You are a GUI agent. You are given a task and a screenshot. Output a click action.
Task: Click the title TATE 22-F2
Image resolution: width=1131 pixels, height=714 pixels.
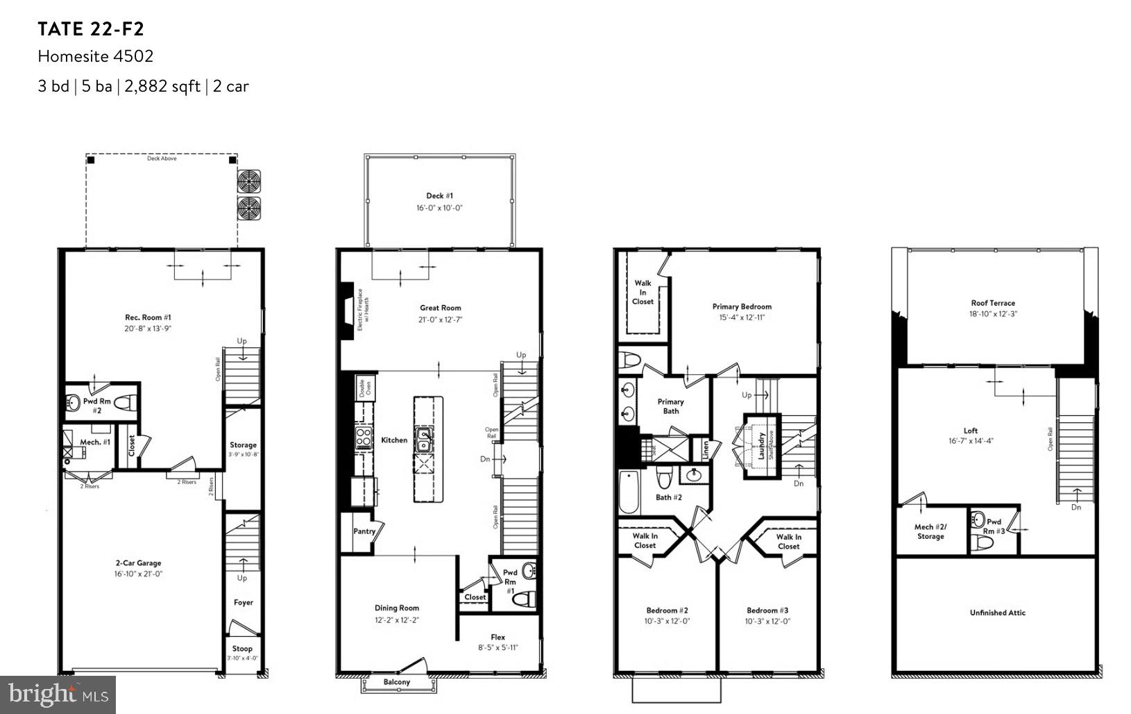91,29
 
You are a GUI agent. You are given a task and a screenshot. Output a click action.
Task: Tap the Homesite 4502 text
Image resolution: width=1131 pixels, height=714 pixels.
95,56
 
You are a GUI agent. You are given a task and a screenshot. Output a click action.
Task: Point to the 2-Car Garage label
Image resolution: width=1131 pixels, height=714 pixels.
139,563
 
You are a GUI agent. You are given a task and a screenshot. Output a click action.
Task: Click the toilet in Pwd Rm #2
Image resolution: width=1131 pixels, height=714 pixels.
125,401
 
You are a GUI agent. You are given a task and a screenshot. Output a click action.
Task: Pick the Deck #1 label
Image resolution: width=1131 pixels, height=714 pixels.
440,196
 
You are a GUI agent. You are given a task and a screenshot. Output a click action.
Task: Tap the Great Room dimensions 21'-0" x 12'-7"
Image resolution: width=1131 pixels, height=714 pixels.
440,319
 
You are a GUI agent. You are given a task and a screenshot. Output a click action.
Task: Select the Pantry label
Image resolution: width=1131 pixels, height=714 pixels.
364,531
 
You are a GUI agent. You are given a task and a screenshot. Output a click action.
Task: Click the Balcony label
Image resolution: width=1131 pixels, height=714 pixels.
397,682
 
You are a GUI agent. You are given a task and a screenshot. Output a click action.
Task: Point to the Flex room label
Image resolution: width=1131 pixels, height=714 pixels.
498,637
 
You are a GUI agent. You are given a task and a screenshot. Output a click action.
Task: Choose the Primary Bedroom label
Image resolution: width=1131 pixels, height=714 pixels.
742,306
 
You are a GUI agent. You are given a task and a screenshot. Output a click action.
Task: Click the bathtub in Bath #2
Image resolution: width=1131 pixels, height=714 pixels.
629,492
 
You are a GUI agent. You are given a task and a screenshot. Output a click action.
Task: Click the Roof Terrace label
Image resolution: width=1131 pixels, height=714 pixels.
993,303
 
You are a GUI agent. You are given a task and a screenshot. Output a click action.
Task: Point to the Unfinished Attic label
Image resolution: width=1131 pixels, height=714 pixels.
997,613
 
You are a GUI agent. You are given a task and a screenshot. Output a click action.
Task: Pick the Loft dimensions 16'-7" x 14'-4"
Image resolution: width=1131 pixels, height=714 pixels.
971,441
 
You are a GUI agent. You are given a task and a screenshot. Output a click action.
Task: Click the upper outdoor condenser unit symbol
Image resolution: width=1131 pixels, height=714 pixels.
248,182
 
